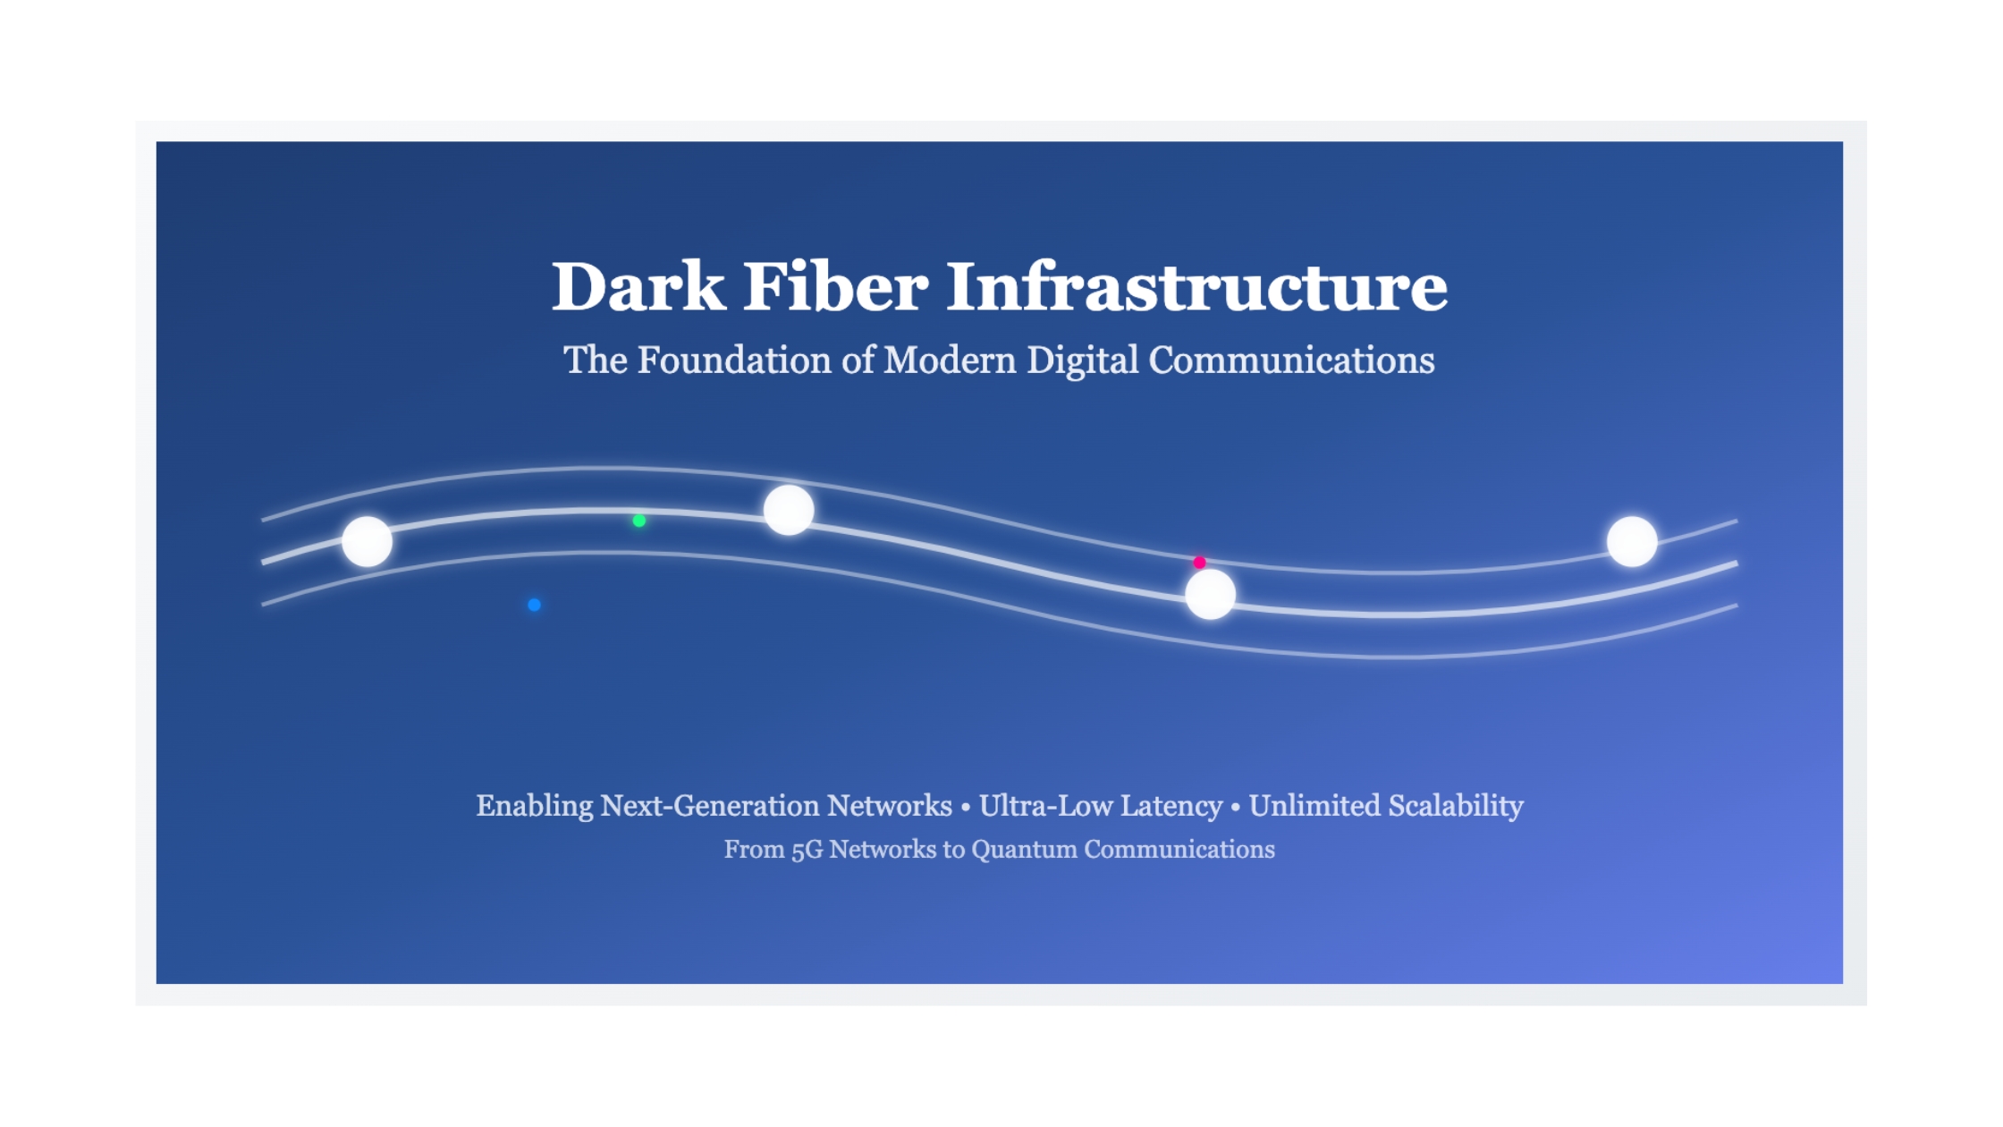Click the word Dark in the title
pos(638,286)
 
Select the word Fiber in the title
pos(835,286)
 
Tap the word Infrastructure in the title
pos(1197,286)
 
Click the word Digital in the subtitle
pos(1082,361)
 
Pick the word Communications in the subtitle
pos(1291,360)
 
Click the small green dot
pos(639,521)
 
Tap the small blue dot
pos(534,605)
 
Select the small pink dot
pos(1200,563)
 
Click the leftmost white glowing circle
pos(368,541)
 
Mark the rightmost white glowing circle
pos(1632,541)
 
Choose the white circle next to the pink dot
pos(1211,594)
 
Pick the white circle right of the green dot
pos(789,510)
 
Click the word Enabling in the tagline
pos(534,807)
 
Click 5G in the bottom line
pos(807,850)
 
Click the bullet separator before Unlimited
pos(1236,807)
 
